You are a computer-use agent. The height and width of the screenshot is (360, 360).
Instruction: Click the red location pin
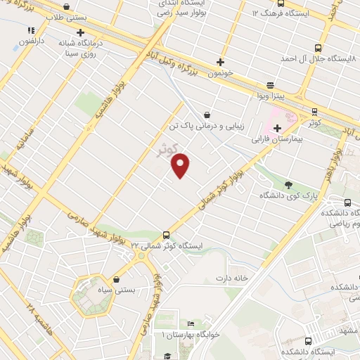click(181, 165)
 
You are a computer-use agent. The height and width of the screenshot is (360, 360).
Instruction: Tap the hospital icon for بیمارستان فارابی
click(277, 128)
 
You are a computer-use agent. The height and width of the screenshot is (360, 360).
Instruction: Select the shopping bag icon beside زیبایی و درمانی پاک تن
click(207, 114)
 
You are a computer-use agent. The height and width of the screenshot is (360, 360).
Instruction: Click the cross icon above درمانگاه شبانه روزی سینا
click(81, 32)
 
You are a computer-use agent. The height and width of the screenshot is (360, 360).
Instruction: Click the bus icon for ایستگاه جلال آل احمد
click(318, 49)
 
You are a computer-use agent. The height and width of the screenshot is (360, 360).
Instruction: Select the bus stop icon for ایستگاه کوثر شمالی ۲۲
click(167, 235)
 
